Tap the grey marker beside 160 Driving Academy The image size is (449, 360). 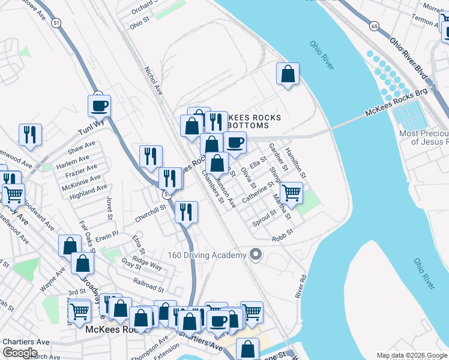(256, 255)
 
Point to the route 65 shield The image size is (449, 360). (374, 26)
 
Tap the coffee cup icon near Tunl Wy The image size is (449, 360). (99, 106)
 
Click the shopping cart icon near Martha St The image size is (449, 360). (291, 193)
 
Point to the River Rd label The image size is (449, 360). (300, 287)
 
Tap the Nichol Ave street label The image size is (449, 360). (154, 80)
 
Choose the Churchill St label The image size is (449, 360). (150, 214)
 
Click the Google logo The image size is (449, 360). (20, 353)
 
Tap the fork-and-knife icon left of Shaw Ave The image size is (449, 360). (30, 135)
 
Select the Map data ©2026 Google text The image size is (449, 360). (411, 355)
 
